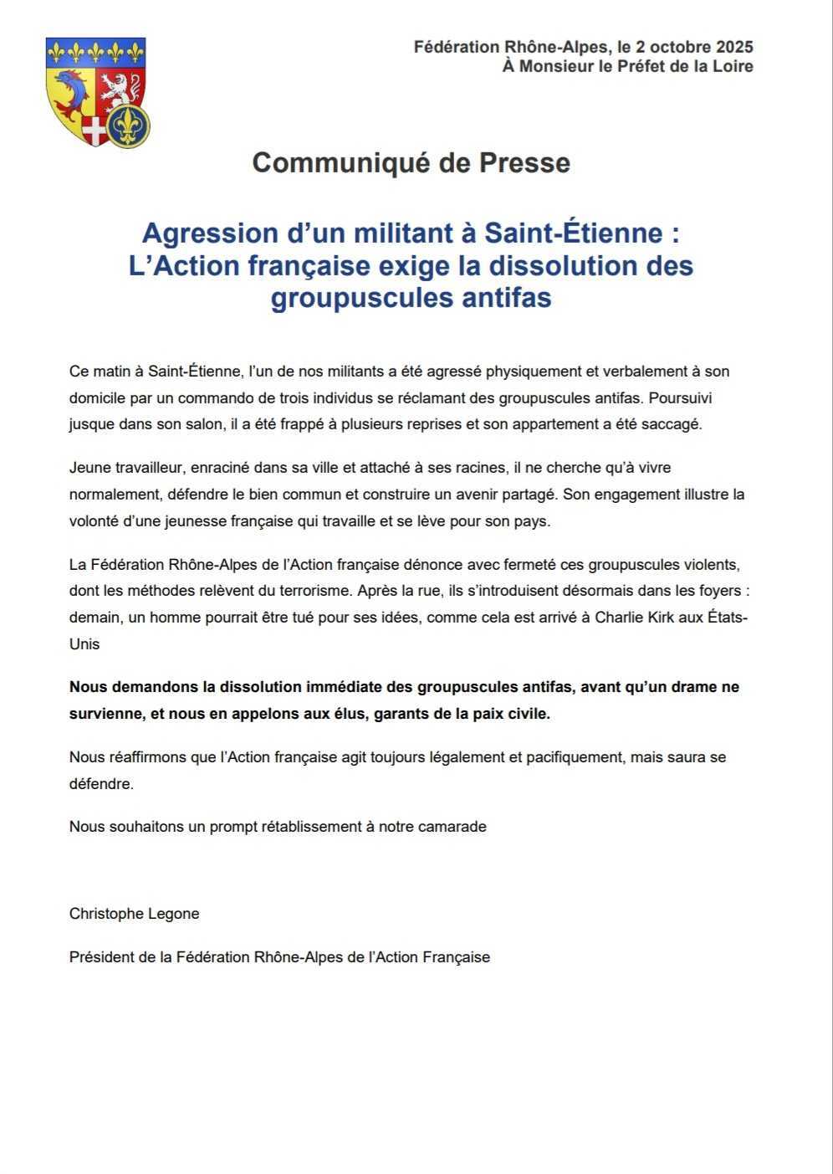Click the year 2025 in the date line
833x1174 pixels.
[733, 47]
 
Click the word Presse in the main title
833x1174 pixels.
[524, 162]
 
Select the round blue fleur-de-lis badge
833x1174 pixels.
[129, 126]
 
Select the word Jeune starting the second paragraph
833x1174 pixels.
[89, 468]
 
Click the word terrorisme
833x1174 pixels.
[307, 591]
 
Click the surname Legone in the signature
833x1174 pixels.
[173, 914]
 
